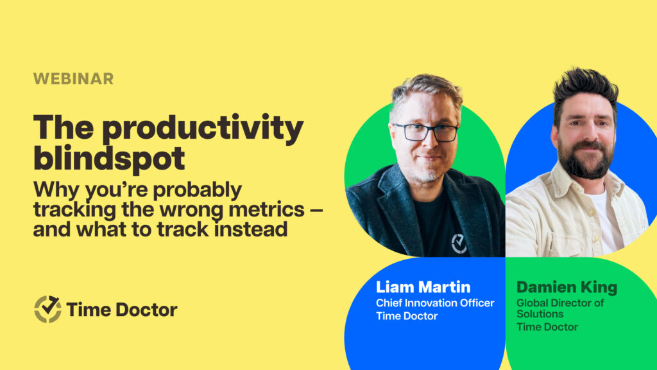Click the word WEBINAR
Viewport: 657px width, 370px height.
[x=73, y=79]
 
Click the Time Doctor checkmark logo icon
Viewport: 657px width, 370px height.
[x=47, y=310]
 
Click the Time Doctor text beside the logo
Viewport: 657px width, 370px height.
[x=122, y=310]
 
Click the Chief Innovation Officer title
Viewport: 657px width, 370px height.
[x=435, y=303]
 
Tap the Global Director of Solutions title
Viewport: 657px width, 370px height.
[x=560, y=308]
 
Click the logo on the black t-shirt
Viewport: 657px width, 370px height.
[x=459, y=243]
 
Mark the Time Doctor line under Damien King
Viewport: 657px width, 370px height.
[x=547, y=327]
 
